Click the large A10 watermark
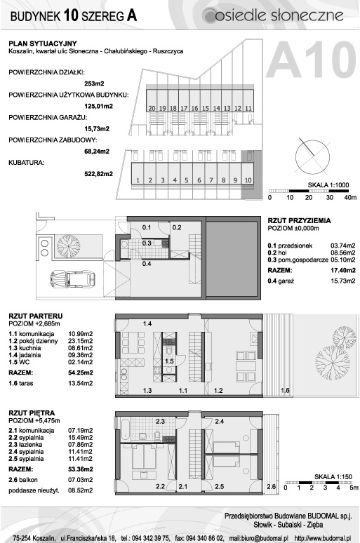pyautogui.click(x=311, y=60)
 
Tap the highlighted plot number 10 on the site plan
pyautogui.click(x=248, y=180)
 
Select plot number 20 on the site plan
pyautogui.click(x=152, y=109)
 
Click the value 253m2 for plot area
pyautogui.click(x=94, y=83)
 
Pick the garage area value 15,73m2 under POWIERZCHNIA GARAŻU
pyautogui.click(x=97, y=128)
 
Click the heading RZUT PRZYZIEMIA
pyautogui.click(x=300, y=220)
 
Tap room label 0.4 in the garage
pyautogui.click(x=147, y=264)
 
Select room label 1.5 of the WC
pyautogui.click(x=169, y=361)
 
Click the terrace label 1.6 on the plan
pyautogui.click(x=285, y=391)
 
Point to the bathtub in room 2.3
pyautogui.click(x=125, y=428)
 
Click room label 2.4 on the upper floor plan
pyautogui.click(x=220, y=422)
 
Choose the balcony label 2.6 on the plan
pyautogui.click(x=272, y=487)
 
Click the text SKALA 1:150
pyautogui.click(x=333, y=477)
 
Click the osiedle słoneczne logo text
pyautogui.click(x=279, y=15)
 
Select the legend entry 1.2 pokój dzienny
pyautogui.click(x=33, y=341)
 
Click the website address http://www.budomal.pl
pyautogui.click(x=323, y=538)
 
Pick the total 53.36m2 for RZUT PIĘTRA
pyautogui.click(x=81, y=469)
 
